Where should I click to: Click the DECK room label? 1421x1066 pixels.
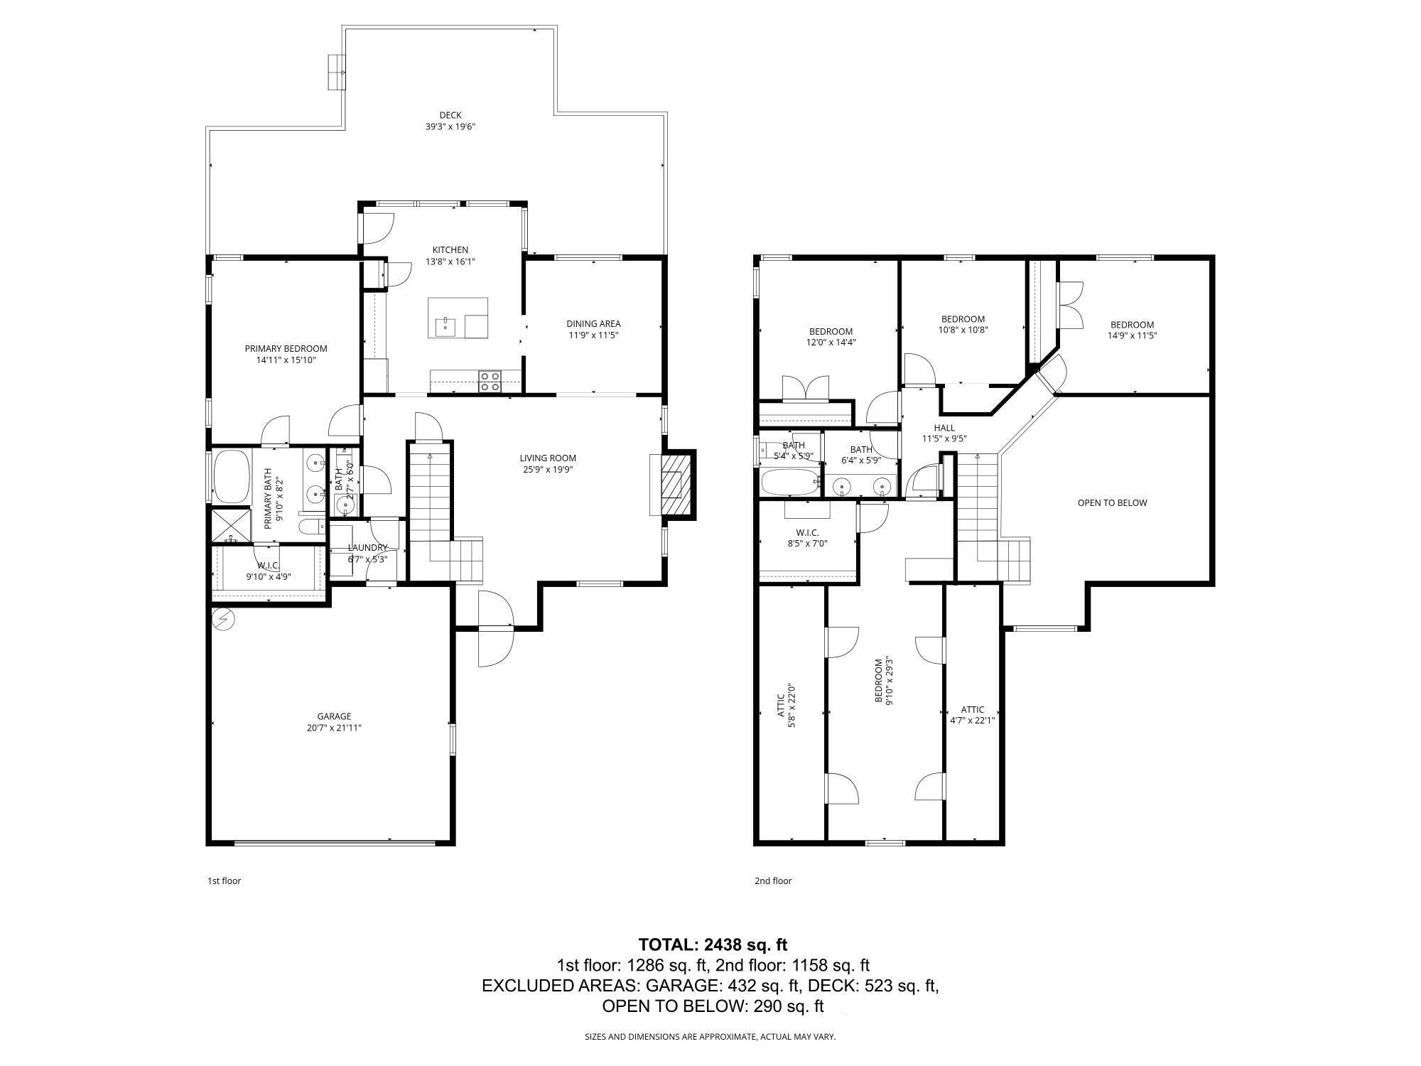pyautogui.click(x=450, y=115)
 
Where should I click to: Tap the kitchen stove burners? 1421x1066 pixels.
pyautogui.click(x=490, y=382)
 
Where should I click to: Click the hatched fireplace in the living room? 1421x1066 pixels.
pyautogui.click(x=672, y=485)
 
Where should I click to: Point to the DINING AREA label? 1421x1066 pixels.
pyautogui.click(x=593, y=324)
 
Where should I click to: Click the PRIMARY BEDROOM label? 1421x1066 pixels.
pyautogui.click(x=286, y=349)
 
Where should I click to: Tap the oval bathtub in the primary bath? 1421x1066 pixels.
pyautogui.click(x=230, y=475)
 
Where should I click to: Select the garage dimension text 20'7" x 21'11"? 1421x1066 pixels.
pyautogui.click(x=334, y=728)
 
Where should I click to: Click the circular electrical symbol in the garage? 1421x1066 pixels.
pyautogui.click(x=225, y=620)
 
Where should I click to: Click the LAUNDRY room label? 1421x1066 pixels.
pyautogui.click(x=367, y=548)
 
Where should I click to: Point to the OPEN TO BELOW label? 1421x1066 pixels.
pyautogui.click(x=1112, y=503)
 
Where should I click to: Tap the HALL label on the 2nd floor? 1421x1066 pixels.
pyautogui.click(x=944, y=428)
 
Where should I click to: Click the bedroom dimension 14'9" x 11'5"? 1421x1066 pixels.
pyautogui.click(x=1133, y=336)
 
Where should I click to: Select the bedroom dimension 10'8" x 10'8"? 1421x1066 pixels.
pyautogui.click(x=963, y=330)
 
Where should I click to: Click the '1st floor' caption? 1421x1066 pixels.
pyautogui.click(x=224, y=881)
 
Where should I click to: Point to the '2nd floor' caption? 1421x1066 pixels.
pyautogui.click(x=772, y=881)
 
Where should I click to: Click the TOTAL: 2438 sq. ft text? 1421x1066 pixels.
pyautogui.click(x=713, y=944)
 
